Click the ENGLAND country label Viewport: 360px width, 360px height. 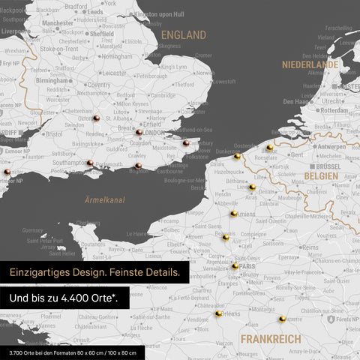tap(184, 35)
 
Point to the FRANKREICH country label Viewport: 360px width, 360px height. tap(271, 339)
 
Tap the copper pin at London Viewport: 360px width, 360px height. tap(139, 133)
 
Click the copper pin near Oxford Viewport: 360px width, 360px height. tap(96, 118)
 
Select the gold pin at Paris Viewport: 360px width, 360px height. tap(235, 265)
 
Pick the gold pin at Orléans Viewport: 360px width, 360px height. tap(218, 313)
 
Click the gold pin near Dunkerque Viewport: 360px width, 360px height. tap(237, 156)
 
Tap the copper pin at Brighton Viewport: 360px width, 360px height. tap(138, 166)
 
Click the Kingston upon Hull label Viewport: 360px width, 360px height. tap(160, 14)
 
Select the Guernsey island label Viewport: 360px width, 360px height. tap(34, 230)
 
